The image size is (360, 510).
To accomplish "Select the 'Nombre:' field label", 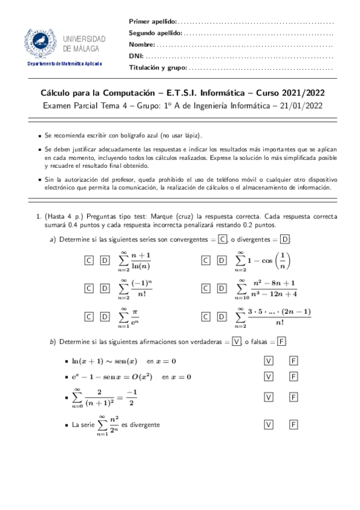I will point(142,44).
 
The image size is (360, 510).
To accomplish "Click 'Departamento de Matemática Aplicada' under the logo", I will point(65,64).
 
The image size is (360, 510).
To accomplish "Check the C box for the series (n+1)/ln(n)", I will point(89,260).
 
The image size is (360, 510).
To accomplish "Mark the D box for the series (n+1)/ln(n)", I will point(105,260).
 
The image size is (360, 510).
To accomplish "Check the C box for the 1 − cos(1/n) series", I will point(206,260).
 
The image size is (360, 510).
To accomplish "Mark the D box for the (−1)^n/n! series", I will point(105,289).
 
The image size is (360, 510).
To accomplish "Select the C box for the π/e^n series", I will point(89,316).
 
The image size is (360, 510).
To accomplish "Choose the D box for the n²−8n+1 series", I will point(221,289).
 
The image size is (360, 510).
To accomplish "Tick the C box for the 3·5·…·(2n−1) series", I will point(206,316).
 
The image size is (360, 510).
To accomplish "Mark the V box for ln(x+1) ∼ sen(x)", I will point(269,361).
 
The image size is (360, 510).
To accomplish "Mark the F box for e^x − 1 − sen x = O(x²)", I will point(294,376).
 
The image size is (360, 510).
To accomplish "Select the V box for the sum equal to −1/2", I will point(269,397).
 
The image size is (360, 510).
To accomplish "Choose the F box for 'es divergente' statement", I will point(294,425).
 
